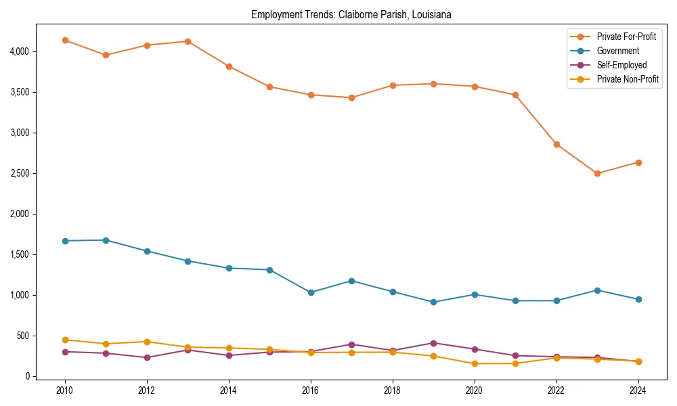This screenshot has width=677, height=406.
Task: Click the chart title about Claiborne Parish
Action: (351, 14)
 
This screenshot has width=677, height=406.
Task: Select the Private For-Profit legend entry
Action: (626, 36)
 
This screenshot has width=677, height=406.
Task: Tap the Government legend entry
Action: (617, 51)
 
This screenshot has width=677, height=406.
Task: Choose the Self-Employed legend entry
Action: (621, 65)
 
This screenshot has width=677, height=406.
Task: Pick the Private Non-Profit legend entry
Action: (628, 80)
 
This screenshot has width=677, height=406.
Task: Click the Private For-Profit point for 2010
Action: (65, 41)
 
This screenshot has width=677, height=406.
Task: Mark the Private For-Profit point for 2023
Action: (597, 173)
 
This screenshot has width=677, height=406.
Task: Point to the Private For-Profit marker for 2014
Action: (229, 66)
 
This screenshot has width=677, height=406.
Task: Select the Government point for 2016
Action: (311, 292)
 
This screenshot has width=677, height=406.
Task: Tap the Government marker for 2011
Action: (106, 240)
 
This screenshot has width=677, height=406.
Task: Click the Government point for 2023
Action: (597, 290)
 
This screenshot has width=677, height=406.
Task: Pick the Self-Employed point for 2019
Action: (433, 343)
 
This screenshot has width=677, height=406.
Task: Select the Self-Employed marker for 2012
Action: (147, 357)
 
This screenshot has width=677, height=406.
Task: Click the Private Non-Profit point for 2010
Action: (65, 340)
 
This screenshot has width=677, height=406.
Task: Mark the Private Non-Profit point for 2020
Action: (475, 364)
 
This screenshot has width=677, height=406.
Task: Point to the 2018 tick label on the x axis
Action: (393, 390)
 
